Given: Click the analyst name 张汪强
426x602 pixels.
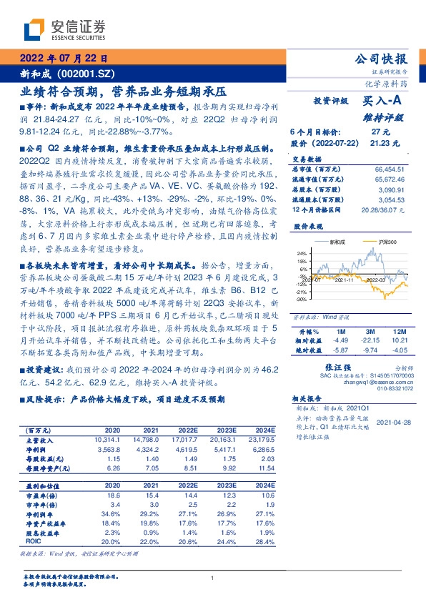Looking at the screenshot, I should tap(345, 365).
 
